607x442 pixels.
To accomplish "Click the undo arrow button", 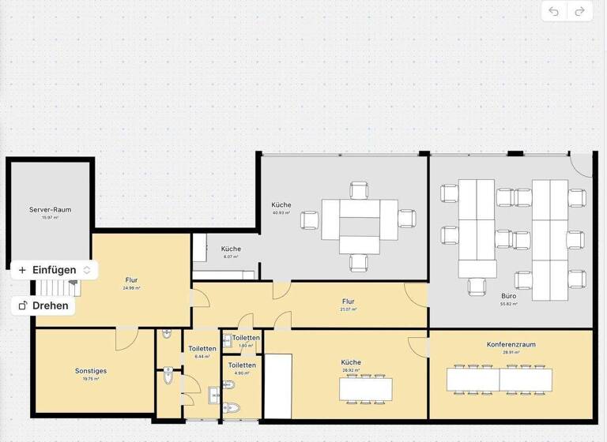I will (x=554, y=11).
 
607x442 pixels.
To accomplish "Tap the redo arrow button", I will (x=579, y=11).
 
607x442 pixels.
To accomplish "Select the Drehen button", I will (x=43, y=305).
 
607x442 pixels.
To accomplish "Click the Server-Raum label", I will (x=51, y=209).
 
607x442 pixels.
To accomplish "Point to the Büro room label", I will (x=509, y=296).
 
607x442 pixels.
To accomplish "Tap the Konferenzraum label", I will (x=511, y=345).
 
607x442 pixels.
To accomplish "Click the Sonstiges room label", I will (x=91, y=370).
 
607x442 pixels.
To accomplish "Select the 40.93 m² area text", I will (x=281, y=213).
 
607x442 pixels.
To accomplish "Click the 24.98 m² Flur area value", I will (x=131, y=288).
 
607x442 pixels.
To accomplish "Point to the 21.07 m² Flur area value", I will (x=348, y=309).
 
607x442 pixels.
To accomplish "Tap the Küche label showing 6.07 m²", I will (x=231, y=249).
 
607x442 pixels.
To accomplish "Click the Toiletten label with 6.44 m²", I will (x=202, y=349).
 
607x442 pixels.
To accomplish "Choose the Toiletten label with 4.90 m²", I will (x=242, y=365).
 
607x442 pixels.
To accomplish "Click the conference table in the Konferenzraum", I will (x=500, y=380).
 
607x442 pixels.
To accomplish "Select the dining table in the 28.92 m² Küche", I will (x=366, y=388).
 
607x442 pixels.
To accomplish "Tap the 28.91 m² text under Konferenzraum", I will (x=511, y=353).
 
